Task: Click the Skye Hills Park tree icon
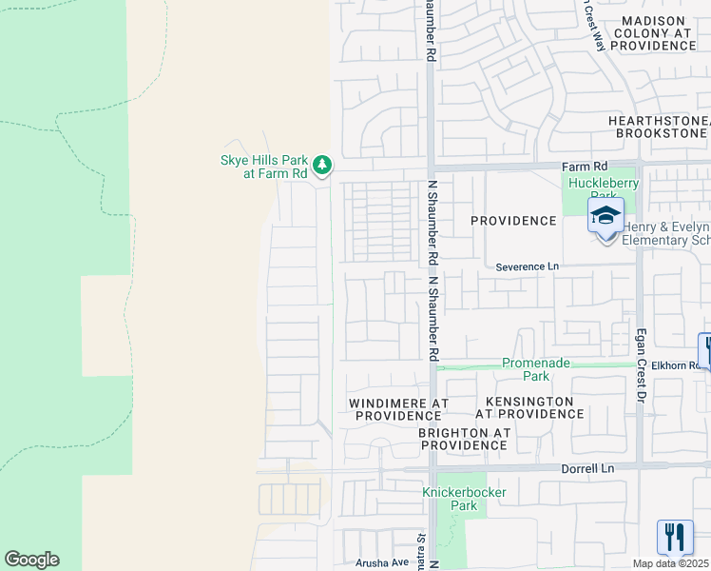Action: tap(323, 165)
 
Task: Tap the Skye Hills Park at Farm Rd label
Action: tap(263, 166)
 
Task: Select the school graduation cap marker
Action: tap(605, 216)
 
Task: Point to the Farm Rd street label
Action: tap(589, 165)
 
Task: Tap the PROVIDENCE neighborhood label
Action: tap(514, 221)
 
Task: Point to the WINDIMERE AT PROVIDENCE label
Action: tap(398, 409)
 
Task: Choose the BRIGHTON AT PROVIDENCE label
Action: tap(465, 438)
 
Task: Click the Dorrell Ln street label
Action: tap(588, 468)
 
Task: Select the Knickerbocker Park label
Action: tap(465, 499)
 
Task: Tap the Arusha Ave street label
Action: tap(381, 562)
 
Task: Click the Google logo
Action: tap(31, 560)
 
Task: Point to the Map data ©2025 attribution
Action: tap(669, 563)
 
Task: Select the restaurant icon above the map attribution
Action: tap(675, 536)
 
